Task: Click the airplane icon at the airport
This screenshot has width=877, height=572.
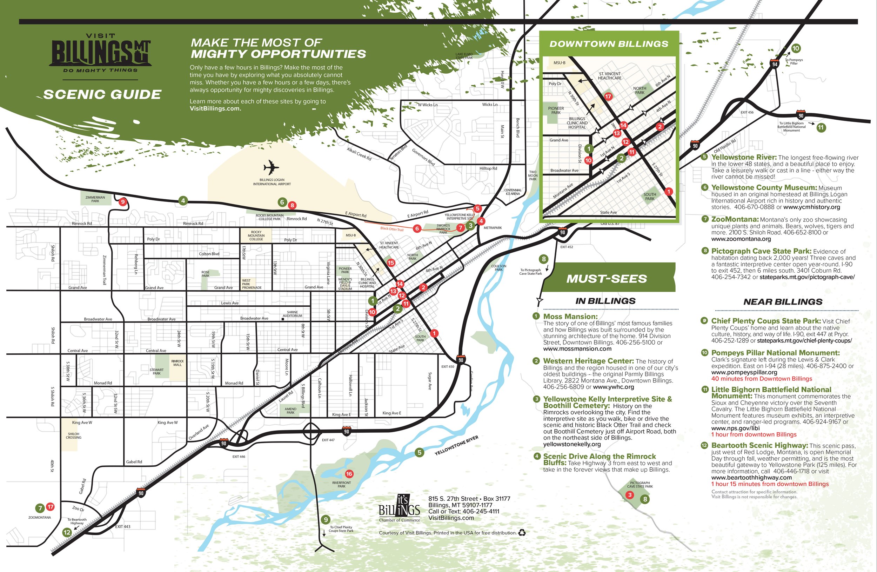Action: click(271, 168)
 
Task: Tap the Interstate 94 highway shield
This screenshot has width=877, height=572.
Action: click(775, 64)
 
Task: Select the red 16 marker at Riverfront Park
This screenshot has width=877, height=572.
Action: click(349, 474)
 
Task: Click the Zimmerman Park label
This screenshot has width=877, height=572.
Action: click(95, 199)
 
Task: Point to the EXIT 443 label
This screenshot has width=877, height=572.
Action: click(122, 527)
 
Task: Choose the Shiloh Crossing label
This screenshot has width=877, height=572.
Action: click(73, 435)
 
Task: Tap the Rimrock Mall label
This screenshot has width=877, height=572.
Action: click(177, 363)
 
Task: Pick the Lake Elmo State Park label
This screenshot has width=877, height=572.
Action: click(464, 56)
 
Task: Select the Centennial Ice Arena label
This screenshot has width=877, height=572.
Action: click(513, 192)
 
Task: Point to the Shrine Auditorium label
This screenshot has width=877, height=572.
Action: click(292, 314)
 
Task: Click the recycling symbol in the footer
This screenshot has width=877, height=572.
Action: click(522, 533)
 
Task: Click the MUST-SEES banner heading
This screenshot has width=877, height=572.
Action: click(607, 279)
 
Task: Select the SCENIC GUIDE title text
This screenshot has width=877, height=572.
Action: click(102, 95)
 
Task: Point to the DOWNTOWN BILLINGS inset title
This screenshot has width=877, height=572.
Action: click(609, 44)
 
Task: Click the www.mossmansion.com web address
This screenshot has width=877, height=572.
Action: click(577, 349)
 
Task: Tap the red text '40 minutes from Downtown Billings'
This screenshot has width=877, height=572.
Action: click(761, 379)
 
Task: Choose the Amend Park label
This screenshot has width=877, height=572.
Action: click(290, 411)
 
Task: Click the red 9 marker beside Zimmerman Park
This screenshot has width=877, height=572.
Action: click(123, 201)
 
